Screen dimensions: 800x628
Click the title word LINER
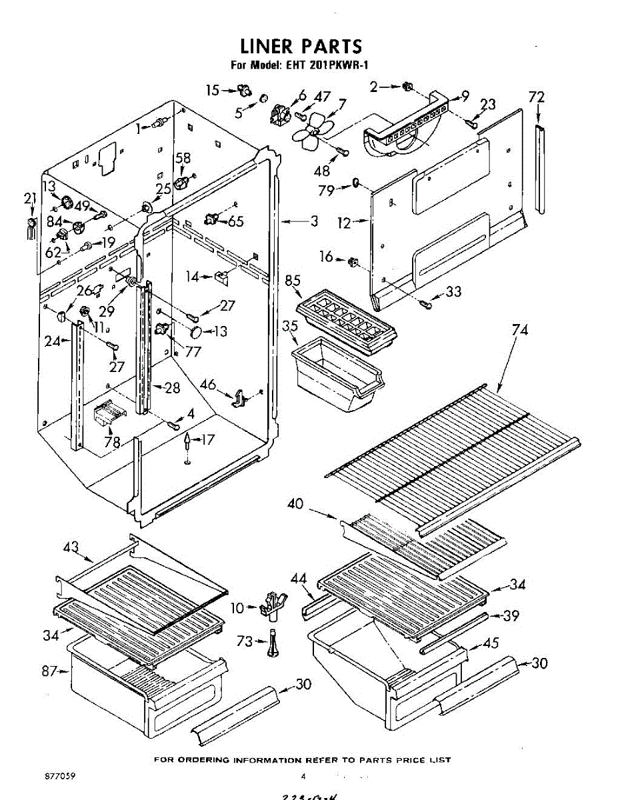[x=266, y=46]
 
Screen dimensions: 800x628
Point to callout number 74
[x=519, y=330]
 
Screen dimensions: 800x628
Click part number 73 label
[x=245, y=641]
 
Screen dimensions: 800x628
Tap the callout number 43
[x=71, y=547]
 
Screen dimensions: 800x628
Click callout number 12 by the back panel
[x=343, y=224]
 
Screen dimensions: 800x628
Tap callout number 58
[x=182, y=158]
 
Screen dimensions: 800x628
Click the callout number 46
[x=208, y=384]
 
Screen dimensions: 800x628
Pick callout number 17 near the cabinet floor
[x=208, y=440]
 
